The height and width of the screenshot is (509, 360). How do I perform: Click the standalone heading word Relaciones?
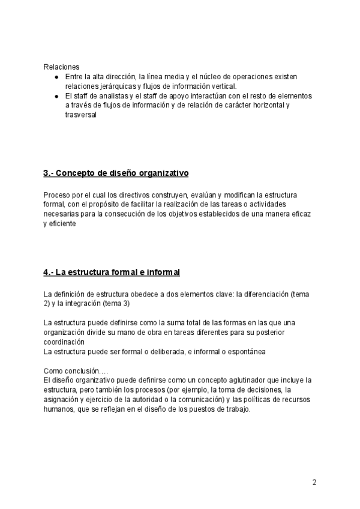[61, 67]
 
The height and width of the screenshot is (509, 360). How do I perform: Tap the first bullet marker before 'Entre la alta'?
[56, 77]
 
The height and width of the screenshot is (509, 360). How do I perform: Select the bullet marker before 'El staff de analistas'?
[56, 96]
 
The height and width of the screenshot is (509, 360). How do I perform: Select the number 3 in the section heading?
[46, 173]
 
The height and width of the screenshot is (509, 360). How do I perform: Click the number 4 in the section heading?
[46, 273]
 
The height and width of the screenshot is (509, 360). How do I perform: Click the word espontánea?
[245, 351]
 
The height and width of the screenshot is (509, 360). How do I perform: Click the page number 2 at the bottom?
[314, 482]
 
